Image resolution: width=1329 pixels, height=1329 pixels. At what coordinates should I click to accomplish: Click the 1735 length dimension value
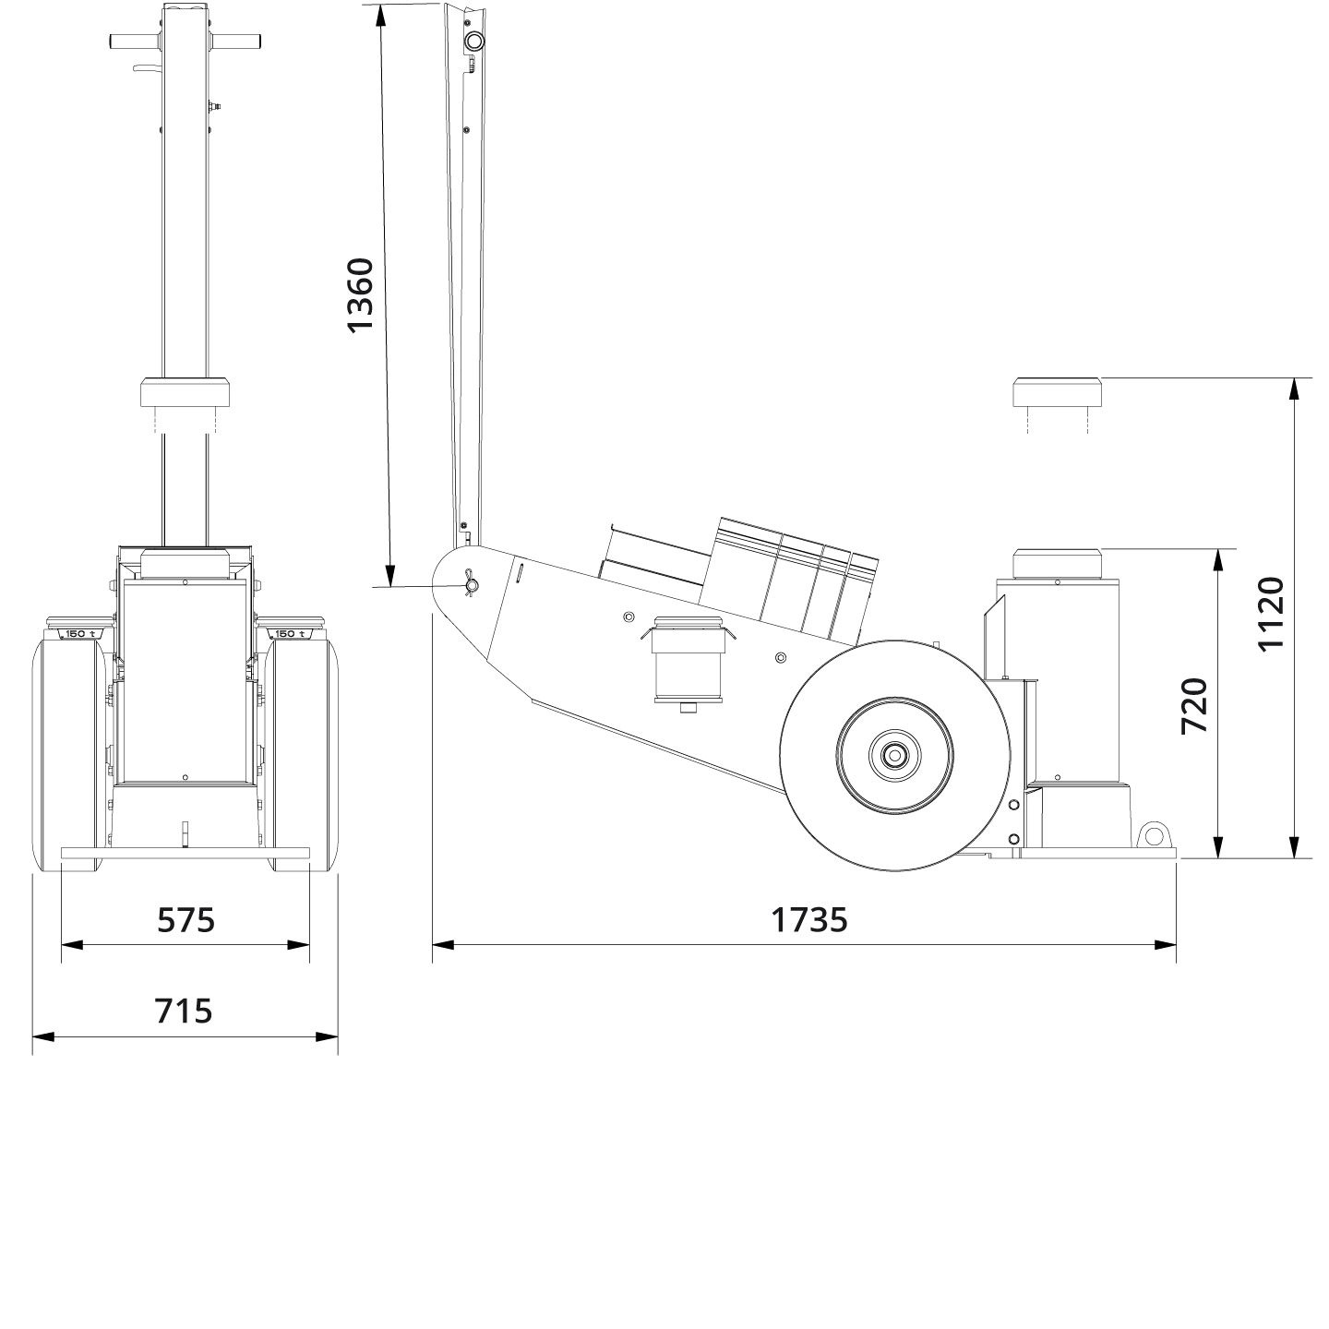808,919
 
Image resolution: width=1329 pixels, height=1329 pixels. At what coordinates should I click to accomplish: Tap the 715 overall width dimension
184,1011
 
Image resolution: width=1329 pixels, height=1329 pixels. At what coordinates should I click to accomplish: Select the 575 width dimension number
186,919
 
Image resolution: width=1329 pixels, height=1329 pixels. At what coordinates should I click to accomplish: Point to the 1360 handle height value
359,294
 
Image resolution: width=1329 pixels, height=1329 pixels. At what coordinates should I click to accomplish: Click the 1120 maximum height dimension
1271,614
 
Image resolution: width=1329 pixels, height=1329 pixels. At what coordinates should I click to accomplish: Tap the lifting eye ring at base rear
1151,835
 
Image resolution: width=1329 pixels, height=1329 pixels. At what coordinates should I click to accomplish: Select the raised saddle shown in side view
1057,392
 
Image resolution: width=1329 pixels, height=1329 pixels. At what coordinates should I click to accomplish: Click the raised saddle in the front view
184,392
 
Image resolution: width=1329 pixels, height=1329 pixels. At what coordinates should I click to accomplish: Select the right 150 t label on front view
289,633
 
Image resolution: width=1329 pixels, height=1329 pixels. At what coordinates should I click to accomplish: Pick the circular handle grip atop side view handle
473,42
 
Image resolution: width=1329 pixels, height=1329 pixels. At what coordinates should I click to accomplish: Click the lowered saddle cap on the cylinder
1057,562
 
